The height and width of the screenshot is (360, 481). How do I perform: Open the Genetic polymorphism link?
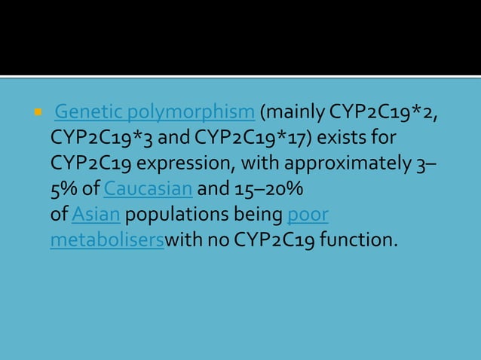tap(155, 114)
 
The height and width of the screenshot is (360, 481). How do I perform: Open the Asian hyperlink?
tap(96, 214)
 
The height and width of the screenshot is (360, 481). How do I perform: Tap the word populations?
tap(179, 214)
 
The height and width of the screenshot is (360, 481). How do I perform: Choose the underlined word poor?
tap(308, 214)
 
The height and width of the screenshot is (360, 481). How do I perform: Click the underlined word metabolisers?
tap(107, 240)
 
